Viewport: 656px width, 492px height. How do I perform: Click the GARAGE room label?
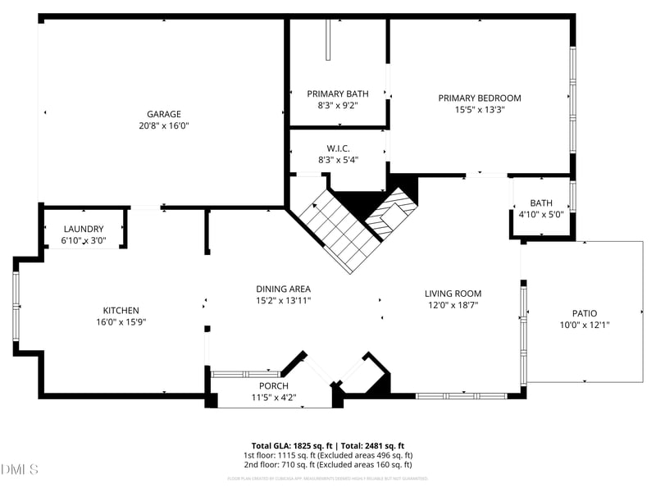164,114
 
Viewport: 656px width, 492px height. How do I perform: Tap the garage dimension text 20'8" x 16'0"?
164,126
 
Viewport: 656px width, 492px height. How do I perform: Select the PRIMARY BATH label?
338,93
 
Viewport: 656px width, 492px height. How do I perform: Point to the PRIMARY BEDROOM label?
480,98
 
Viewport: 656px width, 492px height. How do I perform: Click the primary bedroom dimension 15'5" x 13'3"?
480,109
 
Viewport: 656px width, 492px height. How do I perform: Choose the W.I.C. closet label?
338,148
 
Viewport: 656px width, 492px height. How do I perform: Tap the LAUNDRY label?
84,229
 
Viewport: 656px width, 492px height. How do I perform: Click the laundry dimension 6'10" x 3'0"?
84,240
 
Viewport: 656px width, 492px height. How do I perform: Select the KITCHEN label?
121,310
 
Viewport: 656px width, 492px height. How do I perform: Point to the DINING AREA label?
283,289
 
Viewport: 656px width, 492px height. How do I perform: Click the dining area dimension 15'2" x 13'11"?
283,300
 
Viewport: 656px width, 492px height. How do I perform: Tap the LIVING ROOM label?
453,294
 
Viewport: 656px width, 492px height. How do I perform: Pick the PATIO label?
585,313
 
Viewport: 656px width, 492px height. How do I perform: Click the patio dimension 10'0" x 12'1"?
585,325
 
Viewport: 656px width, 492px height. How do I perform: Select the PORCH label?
273,385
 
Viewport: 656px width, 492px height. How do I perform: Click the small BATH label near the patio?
541,203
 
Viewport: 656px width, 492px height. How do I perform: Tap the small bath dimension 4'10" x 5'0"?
541,215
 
